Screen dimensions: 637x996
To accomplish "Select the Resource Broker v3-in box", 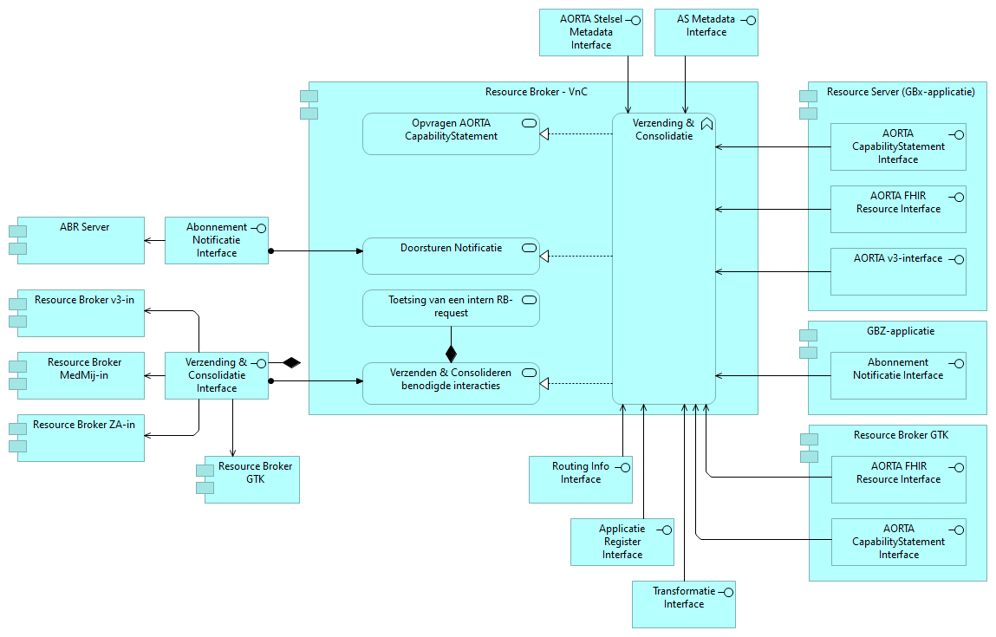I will [x=81, y=313].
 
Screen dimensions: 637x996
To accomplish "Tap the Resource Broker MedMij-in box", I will [x=81, y=375].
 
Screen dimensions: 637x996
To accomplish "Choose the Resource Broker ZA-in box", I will [x=81, y=438].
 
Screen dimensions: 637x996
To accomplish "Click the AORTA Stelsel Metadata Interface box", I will [x=589, y=32].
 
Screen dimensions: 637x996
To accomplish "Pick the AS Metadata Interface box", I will [x=706, y=32].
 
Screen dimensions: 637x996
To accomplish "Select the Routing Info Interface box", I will [x=580, y=479].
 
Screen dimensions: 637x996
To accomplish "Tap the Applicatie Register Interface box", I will [x=622, y=542].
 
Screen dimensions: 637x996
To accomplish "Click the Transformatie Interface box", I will [x=683, y=604].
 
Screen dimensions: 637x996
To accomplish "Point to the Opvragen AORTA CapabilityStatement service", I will [x=451, y=133].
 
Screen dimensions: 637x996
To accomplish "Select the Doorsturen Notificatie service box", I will [x=451, y=256].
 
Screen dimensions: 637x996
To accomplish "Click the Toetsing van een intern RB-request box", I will [x=451, y=308].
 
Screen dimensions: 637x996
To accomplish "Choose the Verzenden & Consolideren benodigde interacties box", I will [x=451, y=383].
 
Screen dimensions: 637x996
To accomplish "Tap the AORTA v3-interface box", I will [x=898, y=271].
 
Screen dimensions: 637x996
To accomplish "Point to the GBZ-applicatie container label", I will [x=901, y=330].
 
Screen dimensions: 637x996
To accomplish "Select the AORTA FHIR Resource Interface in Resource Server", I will [x=898, y=209].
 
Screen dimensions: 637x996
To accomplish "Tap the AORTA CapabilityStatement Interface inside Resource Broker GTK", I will [x=898, y=542].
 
